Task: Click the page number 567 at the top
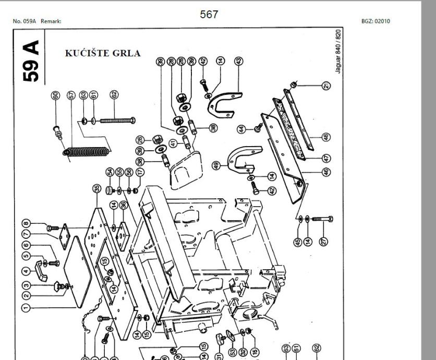[x=209, y=15]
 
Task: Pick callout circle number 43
[x=238, y=61]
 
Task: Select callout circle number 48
[x=326, y=137]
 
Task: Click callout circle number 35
[x=96, y=188]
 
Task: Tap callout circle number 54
[x=110, y=172]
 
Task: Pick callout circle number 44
[x=241, y=128]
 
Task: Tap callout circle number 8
[x=26, y=225]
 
